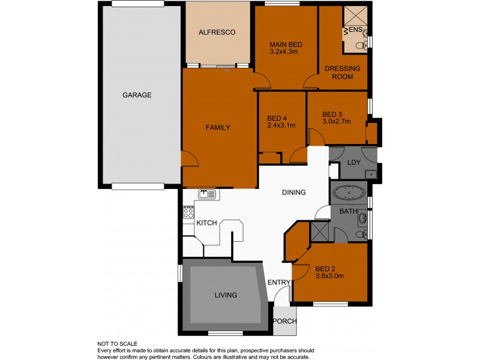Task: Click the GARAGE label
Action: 137,95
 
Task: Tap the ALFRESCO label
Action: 217,32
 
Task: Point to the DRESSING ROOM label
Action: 342,73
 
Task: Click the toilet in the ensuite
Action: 360,46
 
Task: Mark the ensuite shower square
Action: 355,16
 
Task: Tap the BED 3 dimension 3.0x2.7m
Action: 336,122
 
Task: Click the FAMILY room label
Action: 218,127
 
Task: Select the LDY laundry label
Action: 353,163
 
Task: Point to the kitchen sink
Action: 207,194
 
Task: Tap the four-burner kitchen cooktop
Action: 188,212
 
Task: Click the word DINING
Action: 295,193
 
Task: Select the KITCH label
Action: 207,223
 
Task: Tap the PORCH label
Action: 284,321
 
